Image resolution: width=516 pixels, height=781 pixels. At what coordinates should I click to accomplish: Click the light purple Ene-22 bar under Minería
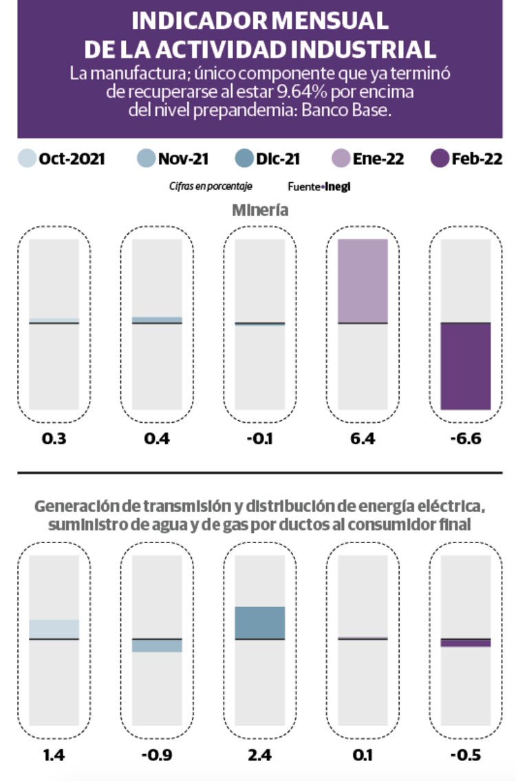click(x=363, y=280)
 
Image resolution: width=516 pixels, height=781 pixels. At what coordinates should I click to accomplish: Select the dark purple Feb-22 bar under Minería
click(x=466, y=366)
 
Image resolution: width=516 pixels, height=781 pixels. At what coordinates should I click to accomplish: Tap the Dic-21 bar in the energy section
click(x=260, y=623)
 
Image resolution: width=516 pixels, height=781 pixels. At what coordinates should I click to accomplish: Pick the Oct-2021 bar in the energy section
click(x=54, y=629)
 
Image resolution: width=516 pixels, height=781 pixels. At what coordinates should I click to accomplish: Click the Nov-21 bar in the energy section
click(x=158, y=646)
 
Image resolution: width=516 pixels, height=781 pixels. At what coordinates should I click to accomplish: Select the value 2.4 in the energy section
click(x=260, y=756)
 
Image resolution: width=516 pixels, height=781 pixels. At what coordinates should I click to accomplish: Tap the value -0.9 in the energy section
click(x=158, y=756)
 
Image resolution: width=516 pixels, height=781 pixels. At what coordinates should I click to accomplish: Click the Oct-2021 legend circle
click(x=26, y=159)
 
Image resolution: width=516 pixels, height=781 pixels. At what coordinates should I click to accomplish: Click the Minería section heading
click(x=259, y=210)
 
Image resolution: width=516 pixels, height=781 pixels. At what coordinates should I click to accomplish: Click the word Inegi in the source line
click(x=338, y=186)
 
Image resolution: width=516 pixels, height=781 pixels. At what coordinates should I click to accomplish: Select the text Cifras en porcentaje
click(x=211, y=186)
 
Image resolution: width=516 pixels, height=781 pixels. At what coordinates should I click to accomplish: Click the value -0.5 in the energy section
click(x=466, y=756)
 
